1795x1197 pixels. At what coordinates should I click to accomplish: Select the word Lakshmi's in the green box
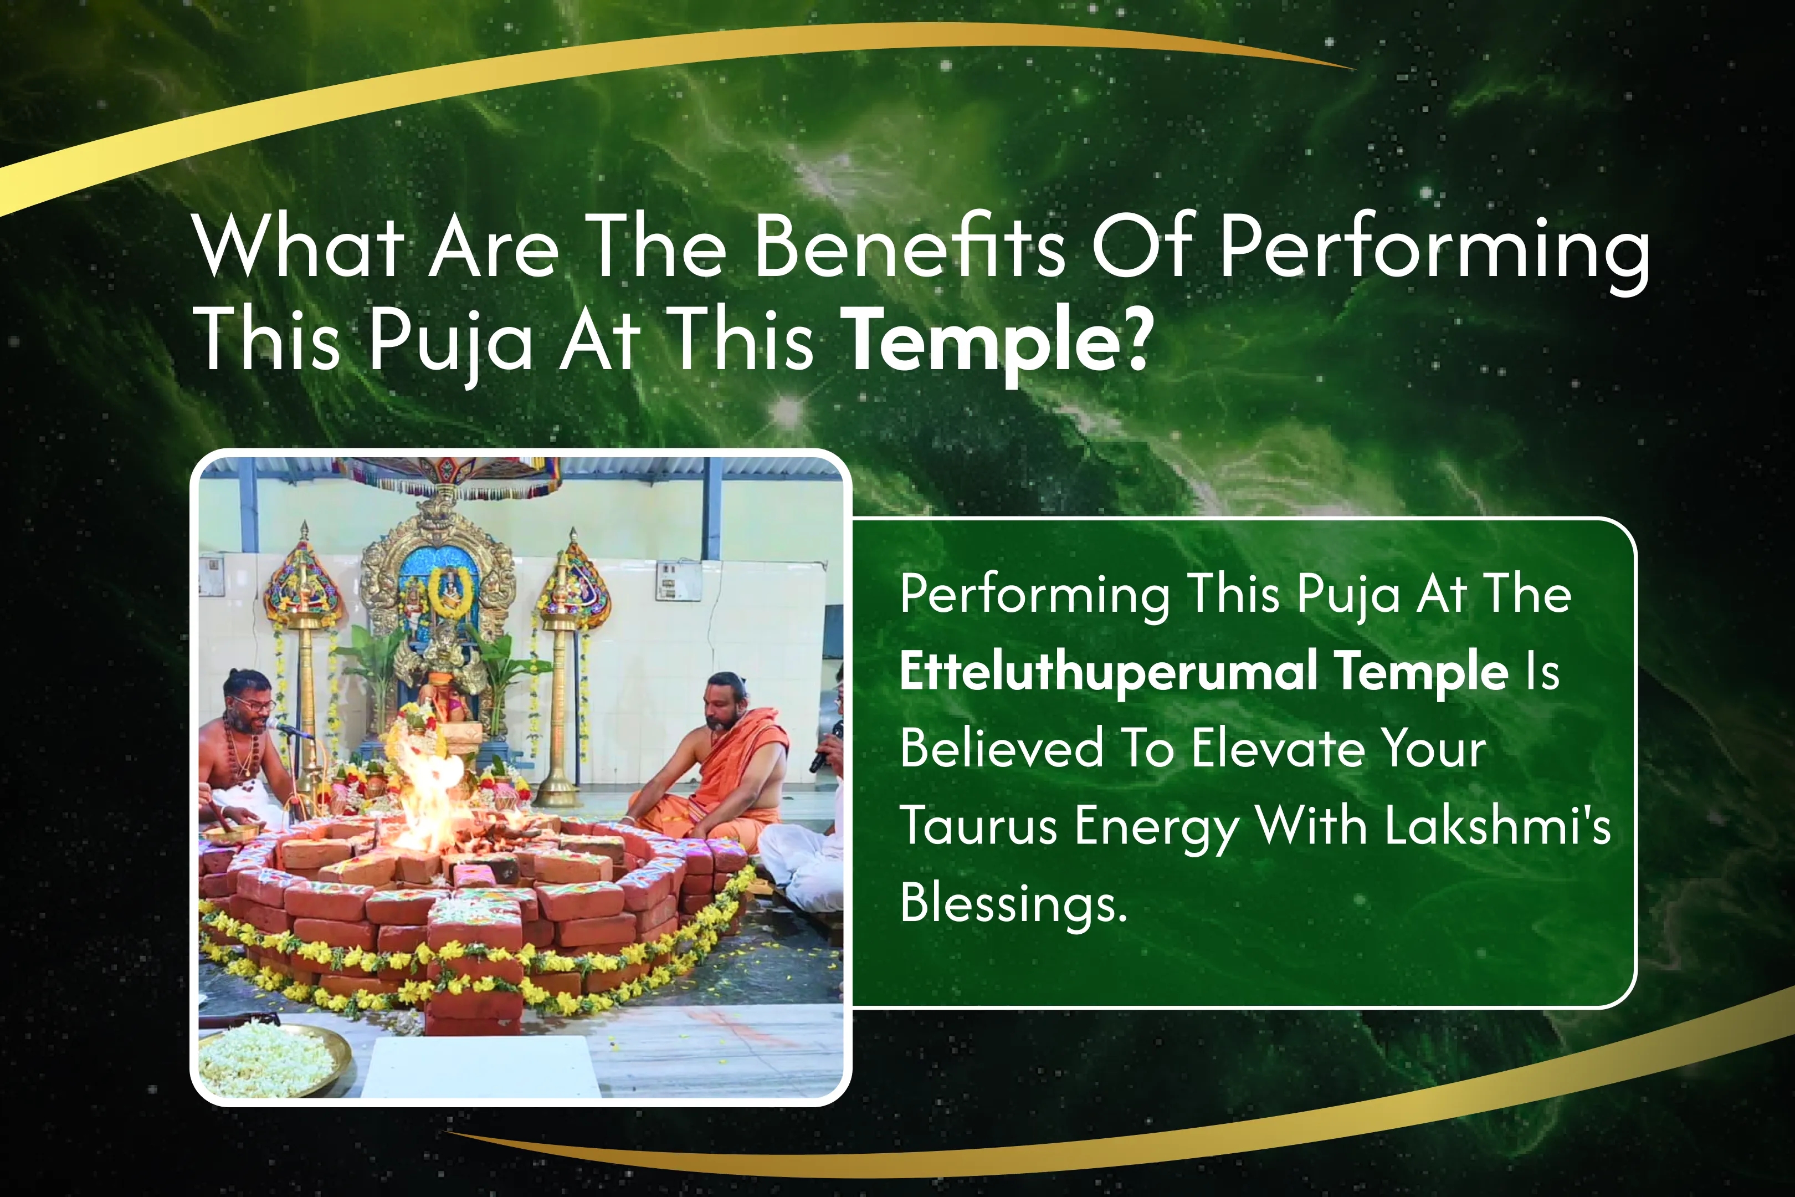tap(1497, 826)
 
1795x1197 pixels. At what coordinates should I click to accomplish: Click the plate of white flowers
tap(267, 1060)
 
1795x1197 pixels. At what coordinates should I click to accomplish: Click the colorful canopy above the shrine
tap(450, 477)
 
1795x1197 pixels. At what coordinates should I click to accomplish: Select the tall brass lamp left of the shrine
tap(305, 657)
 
